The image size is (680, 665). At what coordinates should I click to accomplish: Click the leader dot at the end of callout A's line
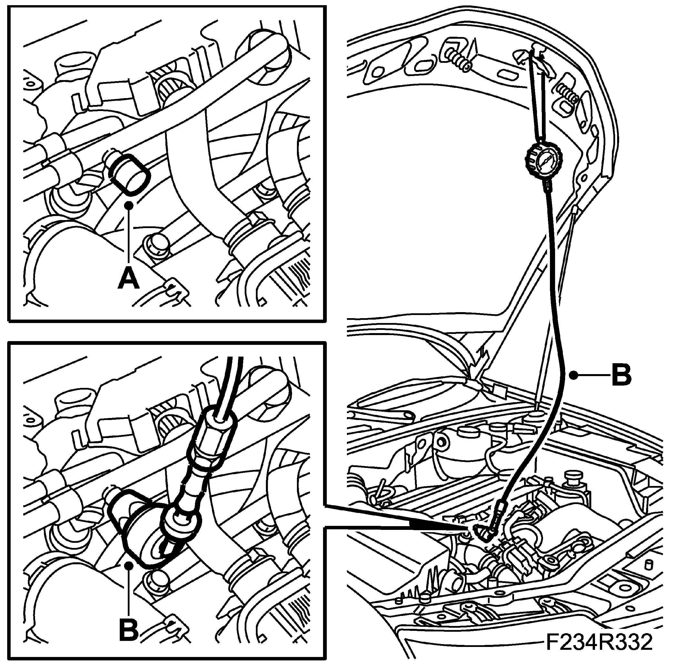coord(129,205)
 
